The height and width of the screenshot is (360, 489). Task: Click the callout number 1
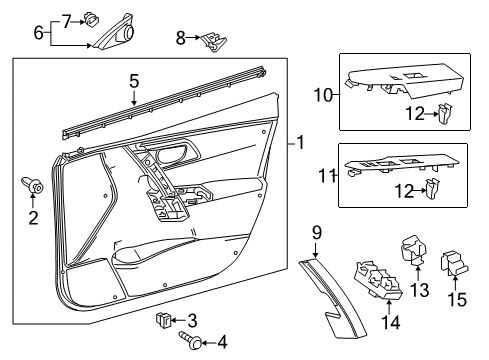click(x=299, y=143)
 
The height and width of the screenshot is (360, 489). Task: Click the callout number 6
click(x=39, y=32)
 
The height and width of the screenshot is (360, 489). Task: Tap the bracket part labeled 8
click(x=211, y=39)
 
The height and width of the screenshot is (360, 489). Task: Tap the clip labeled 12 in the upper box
click(x=441, y=115)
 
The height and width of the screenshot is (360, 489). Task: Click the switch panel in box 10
click(x=400, y=88)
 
